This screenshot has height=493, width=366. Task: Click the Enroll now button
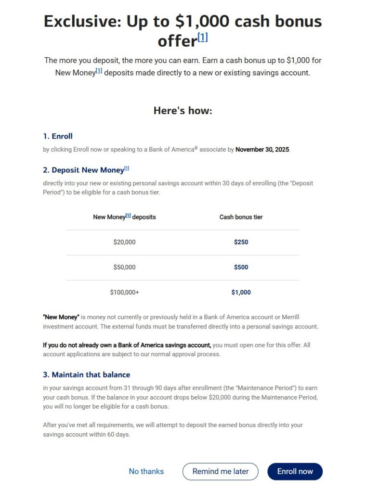(x=295, y=471)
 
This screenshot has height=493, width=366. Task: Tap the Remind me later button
(x=220, y=471)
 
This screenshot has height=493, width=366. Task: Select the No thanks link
(x=146, y=471)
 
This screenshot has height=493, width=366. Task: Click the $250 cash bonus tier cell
(x=241, y=242)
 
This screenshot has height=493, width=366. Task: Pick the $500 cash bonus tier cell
(x=241, y=267)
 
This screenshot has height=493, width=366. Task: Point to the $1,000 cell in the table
(x=241, y=292)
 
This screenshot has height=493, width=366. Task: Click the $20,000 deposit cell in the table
(x=124, y=242)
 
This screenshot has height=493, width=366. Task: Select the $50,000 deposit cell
(x=124, y=267)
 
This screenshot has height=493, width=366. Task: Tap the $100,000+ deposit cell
(x=124, y=292)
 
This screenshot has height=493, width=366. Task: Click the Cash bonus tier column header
(x=241, y=217)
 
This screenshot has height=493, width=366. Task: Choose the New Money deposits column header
(x=124, y=217)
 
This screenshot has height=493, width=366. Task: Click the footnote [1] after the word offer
(x=203, y=38)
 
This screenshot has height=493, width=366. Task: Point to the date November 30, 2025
(x=262, y=150)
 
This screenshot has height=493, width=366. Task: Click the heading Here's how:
(x=183, y=111)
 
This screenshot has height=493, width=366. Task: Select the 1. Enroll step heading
(x=58, y=136)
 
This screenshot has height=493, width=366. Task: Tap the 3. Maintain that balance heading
(x=87, y=375)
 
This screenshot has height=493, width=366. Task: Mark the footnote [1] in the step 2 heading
(x=127, y=169)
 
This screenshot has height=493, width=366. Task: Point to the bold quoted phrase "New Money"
(x=61, y=317)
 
